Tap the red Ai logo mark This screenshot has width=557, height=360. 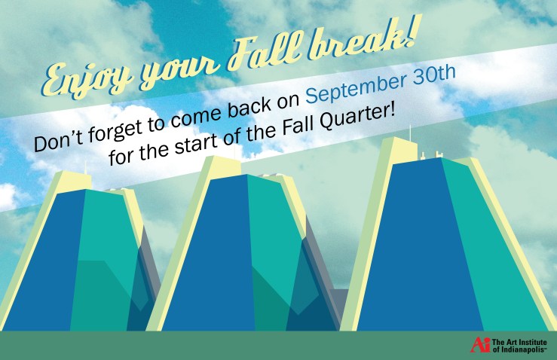pos(480,345)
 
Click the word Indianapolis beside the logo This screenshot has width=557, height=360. pos(523,349)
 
